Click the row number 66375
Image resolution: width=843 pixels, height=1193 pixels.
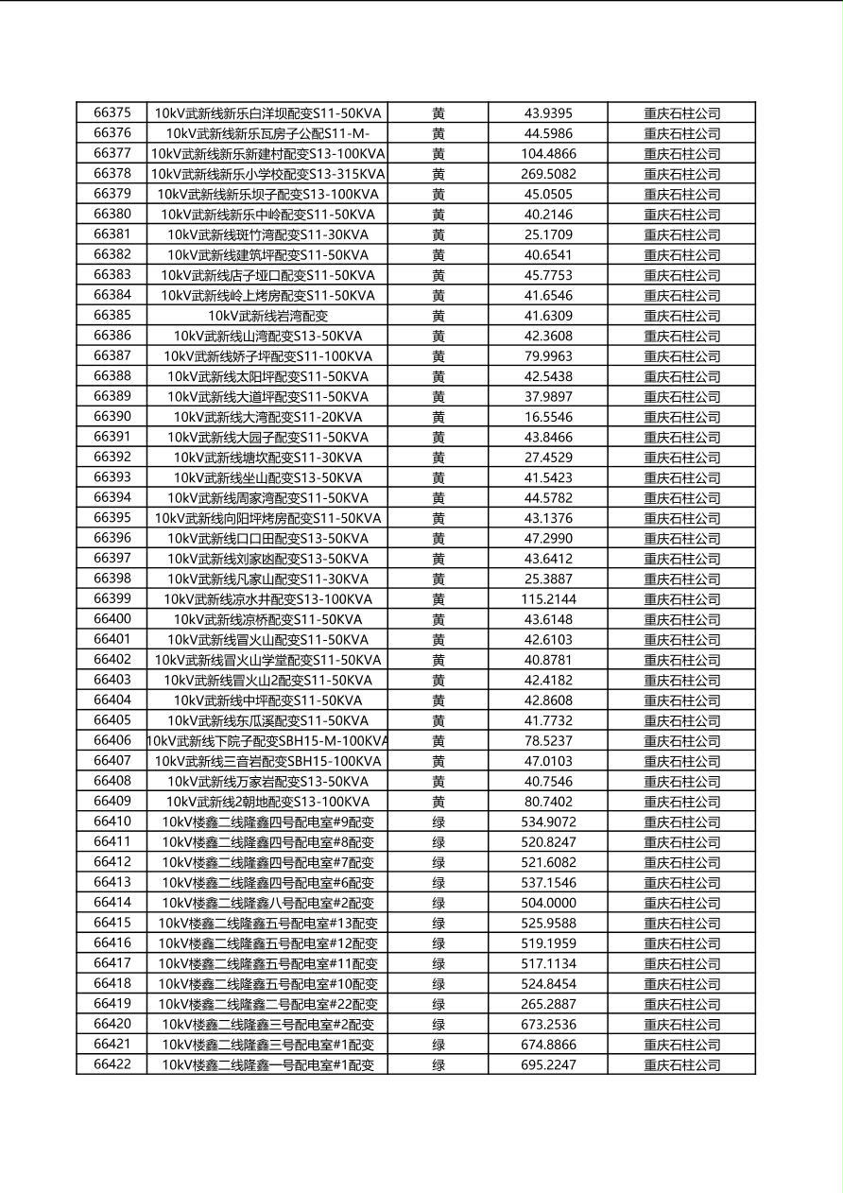pyautogui.click(x=112, y=112)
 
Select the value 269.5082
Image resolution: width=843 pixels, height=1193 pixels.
pyautogui.click(x=548, y=174)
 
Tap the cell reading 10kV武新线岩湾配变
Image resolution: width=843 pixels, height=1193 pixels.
pyautogui.click(x=267, y=316)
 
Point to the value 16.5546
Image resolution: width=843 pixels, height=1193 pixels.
pyautogui.click(x=548, y=417)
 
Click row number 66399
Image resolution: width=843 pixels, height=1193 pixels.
pyautogui.click(x=112, y=598)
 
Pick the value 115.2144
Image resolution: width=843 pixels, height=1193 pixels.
pyautogui.click(x=548, y=599)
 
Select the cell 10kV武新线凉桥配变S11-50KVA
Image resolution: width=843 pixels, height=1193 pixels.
pyautogui.click(x=267, y=619)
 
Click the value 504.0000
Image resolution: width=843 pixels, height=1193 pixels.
pyautogui.click(x=548, y=903)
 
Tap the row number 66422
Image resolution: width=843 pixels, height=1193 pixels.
pyautogui.click(x=112, y=1064)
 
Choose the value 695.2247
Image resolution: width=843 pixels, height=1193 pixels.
pyautogui.click(x=548, y=1065)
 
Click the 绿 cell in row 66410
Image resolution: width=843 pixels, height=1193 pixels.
pyautogui.click(x=439, y=822)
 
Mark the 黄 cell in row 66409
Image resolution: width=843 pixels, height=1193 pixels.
pyautogui.click(x=439, y=802)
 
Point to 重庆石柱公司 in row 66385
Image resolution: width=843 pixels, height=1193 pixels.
pyautogui.click(x=681, y=316)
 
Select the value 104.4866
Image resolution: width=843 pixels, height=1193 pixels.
pyautogui.click(x=548, y=153)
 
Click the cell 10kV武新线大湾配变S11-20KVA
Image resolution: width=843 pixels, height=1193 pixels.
pyautogui.click(x=267, y=417)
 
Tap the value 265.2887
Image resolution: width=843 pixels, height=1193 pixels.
pyautogui.click(x=548, y=1004)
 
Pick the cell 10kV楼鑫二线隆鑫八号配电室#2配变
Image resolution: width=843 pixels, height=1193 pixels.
pyautogui.click(x=267, y=903)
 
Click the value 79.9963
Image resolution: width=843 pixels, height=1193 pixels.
pyautogui.click(x=548, y=356)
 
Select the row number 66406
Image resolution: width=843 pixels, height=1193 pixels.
pyautogui.click(x=112, y=740)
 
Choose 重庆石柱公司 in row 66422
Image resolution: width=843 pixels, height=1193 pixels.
pyautogui.click(x=681, y=1065)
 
